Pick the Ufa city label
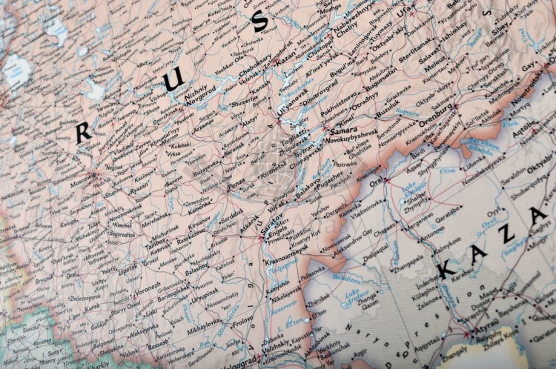[403, 12]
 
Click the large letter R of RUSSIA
[83, 132]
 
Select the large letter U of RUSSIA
[173, 79]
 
